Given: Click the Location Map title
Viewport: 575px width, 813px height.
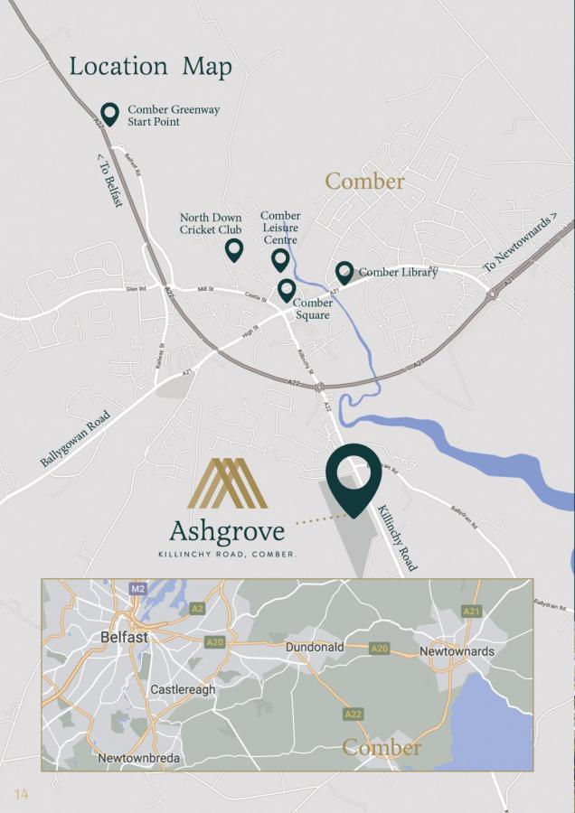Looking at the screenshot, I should point(151,66).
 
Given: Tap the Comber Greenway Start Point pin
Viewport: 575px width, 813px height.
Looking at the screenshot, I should point(109,113).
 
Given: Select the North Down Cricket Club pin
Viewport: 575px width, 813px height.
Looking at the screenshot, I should point(234,249).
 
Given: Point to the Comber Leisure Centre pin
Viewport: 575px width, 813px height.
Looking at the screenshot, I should point(280,259).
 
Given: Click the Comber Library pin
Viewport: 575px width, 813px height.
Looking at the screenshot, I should point(344,272).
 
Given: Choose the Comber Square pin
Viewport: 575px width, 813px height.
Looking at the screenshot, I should point(287,290).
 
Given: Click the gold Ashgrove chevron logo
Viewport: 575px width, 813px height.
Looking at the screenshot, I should point(227,483).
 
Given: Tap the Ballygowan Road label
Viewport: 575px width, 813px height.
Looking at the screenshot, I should point(75,439).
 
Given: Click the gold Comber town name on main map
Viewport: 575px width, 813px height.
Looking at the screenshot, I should point(364,181).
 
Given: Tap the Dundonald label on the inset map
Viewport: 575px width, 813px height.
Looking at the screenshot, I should point(316,648).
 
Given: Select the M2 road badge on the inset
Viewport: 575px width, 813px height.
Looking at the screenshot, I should point(137,589).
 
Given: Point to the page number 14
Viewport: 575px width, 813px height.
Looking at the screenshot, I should point(21,794).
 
